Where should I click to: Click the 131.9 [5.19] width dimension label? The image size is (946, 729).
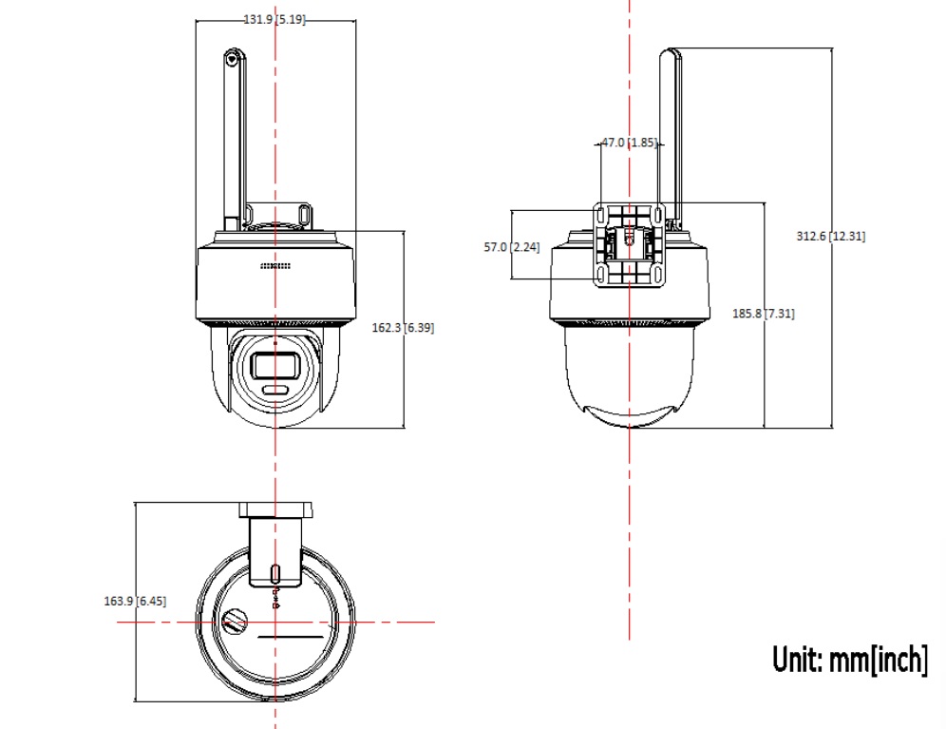click(x=274, y=19)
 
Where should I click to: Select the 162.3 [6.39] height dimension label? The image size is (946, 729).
click(x=403, y=327)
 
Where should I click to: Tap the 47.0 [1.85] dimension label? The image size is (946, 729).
click(x=630, y=143)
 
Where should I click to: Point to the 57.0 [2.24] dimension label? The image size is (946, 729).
click(x=512, y=246)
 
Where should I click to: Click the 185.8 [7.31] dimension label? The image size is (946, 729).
click(x=764, y=314)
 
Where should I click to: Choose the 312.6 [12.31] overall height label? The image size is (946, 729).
click(x=831, y=236)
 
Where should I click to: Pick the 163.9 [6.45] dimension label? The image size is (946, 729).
click(x=135, y=601)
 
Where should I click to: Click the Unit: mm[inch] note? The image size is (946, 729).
click(x=850, y=659)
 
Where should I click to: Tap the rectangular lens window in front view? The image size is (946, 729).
click(x=275, y=366)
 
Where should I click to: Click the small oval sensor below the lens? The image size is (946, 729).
click(x=275, y=390)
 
